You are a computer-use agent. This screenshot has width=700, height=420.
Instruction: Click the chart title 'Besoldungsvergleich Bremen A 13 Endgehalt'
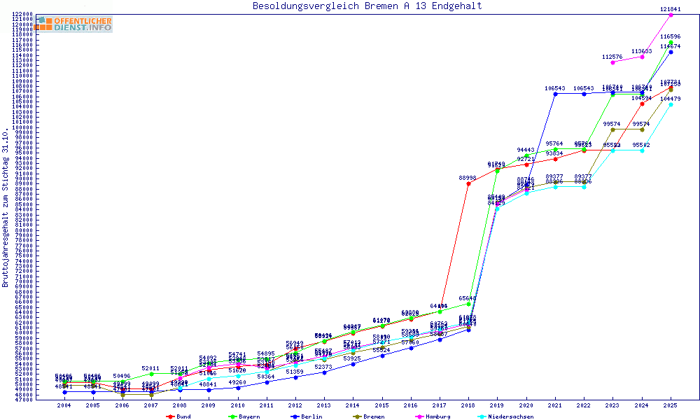367,6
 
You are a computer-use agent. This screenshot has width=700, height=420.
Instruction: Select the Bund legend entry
180,416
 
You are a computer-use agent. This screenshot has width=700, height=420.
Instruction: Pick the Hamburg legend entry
432,416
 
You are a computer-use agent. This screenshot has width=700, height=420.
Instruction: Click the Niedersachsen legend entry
506,416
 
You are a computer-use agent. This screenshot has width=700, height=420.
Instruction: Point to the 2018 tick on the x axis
468,405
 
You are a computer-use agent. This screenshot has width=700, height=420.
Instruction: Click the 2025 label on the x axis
671,405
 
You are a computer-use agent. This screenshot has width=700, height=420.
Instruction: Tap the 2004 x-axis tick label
64,405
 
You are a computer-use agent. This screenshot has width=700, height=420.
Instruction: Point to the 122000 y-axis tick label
24,14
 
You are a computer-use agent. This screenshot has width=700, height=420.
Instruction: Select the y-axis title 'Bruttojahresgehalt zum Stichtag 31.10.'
6,208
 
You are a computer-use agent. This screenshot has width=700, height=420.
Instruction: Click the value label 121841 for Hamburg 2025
671,8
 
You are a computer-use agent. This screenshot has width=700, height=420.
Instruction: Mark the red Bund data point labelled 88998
468,183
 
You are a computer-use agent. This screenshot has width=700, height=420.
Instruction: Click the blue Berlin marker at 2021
555,94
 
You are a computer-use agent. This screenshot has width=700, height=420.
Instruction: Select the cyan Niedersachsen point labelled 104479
671,104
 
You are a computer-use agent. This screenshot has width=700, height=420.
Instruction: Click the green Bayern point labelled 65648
468,304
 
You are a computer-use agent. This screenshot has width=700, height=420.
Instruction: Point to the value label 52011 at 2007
151,367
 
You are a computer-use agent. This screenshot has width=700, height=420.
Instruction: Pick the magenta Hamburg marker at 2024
642,57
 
